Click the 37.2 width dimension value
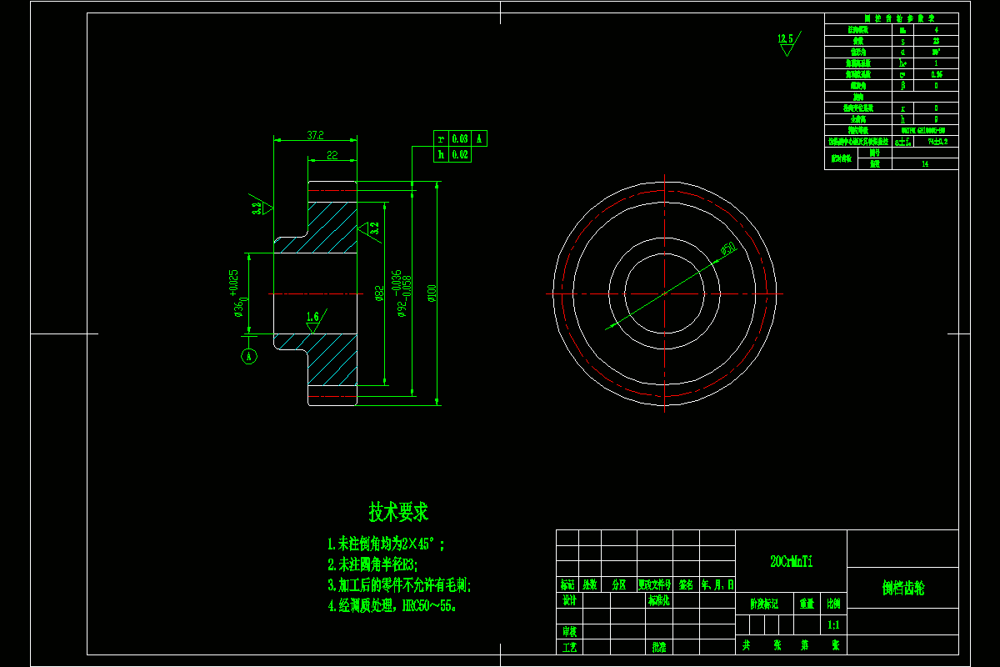point(315,134)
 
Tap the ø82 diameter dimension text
point(379,293)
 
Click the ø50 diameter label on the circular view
point(727,248)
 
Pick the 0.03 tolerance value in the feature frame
point(460,138)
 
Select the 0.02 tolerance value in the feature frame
point(460,154)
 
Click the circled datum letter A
point(248,357)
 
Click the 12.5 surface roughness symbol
point(786,42)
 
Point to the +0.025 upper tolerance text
point(233,283)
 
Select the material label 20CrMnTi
point(791,562)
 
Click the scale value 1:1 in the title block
point(833,624)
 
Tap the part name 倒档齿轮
point(903,589)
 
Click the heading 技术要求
point(398,511)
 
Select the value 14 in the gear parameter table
point(925,165)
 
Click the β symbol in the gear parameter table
point(902,85)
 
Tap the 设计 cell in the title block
point(569,599)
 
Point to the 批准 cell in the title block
point(658,646)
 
